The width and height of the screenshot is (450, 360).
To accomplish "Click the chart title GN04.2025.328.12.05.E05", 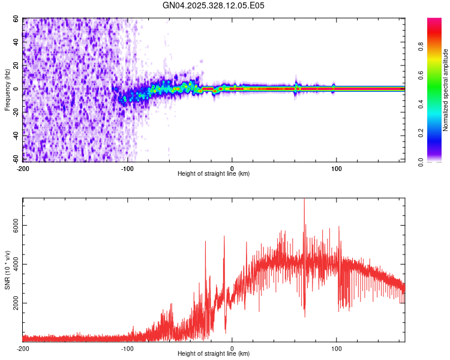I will pyautogui.click(x=214, y=5).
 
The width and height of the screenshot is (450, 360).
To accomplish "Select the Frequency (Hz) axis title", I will pyautogui.click(x=7, y=90).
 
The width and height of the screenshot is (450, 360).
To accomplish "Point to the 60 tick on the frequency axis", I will pyautogui.click(x=16, y=19).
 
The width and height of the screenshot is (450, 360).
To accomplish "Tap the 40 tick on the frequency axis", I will pyautogui.click(x=16, y=43).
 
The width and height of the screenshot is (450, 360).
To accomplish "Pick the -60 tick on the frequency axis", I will pyautogui.click(x=15, y=159).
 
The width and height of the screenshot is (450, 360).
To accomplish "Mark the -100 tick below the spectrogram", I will pyautogui.click(x=127, y=169).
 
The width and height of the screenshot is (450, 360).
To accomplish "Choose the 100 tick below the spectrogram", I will pyautogui.click(x=337, y=169).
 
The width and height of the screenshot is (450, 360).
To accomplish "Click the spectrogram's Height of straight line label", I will pyautogui.click(x=214, y=174).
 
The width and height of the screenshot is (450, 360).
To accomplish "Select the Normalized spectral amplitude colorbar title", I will pyautogui.click(x=445, y=90).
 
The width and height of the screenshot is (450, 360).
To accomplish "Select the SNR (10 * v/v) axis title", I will pyautogui.click(x=7, y=270).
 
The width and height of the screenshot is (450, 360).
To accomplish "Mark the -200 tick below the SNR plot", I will pyautogui.click(x=23, y=349).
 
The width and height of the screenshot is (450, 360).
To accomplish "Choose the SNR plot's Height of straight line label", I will pyautogui.click(x=214, y=354).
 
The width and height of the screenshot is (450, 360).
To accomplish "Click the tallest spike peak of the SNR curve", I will pyautogui.click(x=304, y=200).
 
